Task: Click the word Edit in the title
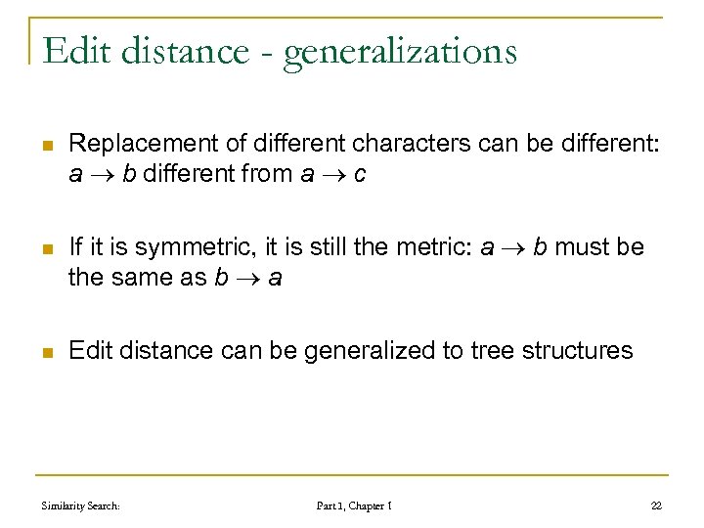click(x=78, y=50)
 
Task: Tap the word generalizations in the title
click(x=400, y=52)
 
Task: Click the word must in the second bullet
click(x=582, y=247)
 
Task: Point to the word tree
click(x=474, y=350)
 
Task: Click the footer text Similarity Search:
click(x=81, y=506)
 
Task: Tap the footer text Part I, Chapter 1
click(x=354, y=506)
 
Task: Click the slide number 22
click(x=655, y=506)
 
